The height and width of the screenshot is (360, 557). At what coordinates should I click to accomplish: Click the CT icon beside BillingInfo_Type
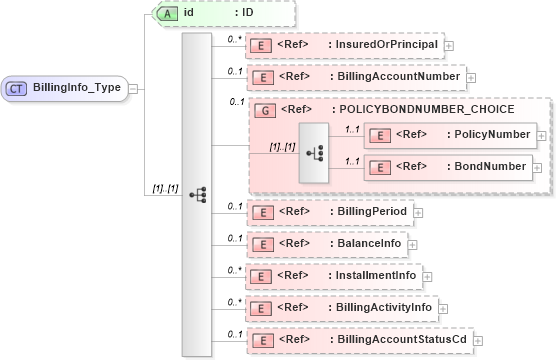(x=17, y=88)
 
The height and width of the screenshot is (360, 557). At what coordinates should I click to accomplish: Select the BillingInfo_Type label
(x=77, y=88)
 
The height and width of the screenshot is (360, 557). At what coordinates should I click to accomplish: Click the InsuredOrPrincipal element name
(x=385, y=45)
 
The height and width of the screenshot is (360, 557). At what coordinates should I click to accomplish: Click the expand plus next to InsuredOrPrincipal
(x=449, y=45)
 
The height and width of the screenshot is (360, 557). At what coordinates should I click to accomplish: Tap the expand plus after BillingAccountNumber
(x=471, y=76)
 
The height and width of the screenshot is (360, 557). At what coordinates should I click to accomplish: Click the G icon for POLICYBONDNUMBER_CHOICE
(x=266, y=109)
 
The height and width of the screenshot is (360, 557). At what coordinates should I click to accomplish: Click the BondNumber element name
(x=489, y=167)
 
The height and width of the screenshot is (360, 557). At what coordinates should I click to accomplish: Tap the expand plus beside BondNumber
(x=540, y=167)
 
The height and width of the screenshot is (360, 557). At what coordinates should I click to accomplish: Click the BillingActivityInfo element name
(x=384, y=307)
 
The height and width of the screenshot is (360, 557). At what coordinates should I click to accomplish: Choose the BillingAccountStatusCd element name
(x=400, y=340)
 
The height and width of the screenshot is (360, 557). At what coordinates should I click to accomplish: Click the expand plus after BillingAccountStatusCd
(x=476, y=340)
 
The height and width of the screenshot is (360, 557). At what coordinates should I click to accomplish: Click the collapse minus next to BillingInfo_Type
(x=133, y=88)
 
